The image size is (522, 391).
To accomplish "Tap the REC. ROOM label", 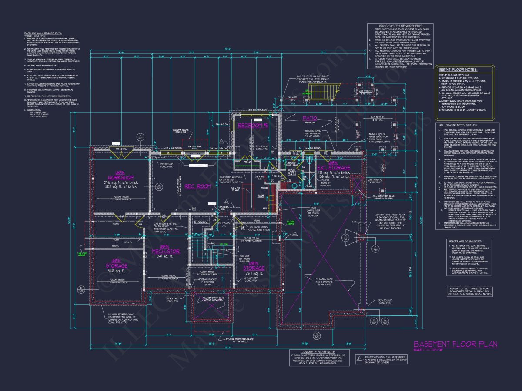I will (197, 186).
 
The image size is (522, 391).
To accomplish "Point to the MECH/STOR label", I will (166, 252).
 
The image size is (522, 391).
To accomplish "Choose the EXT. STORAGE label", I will (334, 167).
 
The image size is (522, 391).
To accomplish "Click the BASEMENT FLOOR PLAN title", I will (455, 344).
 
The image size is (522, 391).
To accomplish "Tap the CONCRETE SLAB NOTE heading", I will (312, 351).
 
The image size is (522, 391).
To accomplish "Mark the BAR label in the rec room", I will (261, 196).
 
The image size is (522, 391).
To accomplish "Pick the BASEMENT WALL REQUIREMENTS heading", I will (43, 33).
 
